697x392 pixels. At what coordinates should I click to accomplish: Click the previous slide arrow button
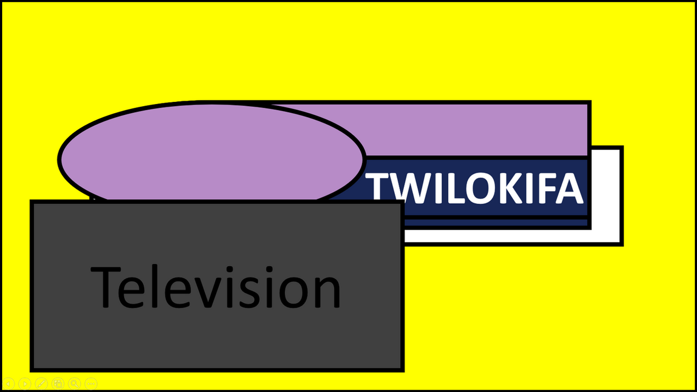(x=8, y=384)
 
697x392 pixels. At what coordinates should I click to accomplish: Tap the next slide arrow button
(x=25, y=384)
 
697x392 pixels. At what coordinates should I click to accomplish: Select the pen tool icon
(x=41, y=384)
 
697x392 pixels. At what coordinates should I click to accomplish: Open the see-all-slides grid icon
(x=58, y=384)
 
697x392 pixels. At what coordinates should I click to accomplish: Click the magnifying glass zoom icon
(x=75, y=384)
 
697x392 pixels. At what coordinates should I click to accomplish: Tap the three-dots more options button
(x=91, y=384)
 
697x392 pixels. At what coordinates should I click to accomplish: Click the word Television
(x=216, y=286)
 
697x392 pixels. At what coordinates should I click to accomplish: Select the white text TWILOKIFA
(x=474, y=188)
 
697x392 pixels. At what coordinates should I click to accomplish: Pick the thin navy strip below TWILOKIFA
(x=496, y=223)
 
